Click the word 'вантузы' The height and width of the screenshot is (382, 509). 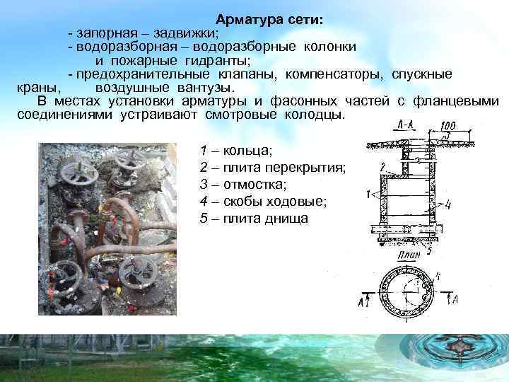(204, 87)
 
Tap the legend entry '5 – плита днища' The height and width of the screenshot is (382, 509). (255, 218)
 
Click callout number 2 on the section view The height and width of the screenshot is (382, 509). (382, 166)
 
